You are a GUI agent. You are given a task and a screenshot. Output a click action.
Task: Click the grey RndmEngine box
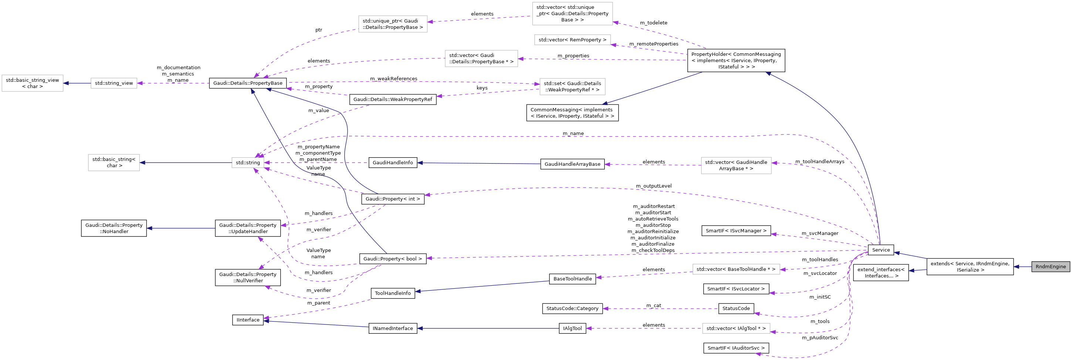(x=1050, y=267)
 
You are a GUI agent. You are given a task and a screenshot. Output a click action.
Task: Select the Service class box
(x=880, y=250)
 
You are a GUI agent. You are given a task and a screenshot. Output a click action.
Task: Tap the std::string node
(x=248, y=163)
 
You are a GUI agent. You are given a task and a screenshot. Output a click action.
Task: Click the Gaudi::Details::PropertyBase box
(x=248, y=83)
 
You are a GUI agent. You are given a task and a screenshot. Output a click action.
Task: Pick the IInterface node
(x=248, y=320)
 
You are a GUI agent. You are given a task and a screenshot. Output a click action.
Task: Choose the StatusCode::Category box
(x=572, y=309)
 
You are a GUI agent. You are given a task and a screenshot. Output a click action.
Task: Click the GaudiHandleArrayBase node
(x=572, y=164)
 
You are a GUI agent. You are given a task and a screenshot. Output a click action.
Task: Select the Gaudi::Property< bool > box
(x=392, y=259)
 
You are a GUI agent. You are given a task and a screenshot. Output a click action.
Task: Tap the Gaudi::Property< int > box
(x=392, y=199)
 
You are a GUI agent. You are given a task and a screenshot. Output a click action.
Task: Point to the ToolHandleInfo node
(x=392, y=293)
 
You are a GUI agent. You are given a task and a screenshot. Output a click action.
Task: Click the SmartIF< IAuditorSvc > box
(x=736, y=348)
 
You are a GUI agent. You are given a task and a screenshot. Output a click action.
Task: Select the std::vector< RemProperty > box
(x=572, y=40)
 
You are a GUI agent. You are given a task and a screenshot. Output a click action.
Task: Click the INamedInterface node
(x=392, y=329)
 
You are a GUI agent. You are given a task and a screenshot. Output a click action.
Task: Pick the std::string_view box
(x=114, y=83)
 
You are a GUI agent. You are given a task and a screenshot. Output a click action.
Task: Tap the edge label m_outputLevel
(x=653, y=186)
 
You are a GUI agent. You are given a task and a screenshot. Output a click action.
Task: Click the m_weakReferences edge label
(x=393, y=79)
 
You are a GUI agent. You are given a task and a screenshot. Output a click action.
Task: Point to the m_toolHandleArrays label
(x=819, y=161)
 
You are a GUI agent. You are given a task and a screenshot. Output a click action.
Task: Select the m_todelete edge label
(x=653, y=23)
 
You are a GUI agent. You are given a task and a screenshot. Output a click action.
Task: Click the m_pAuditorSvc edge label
(x=820, y=337)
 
